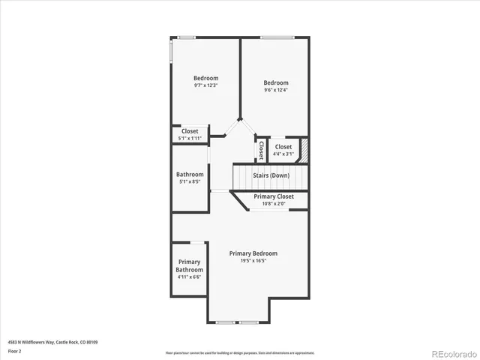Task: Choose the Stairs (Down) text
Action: pyautogui.click(x=271, y=176)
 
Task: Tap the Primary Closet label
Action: pyautogui.click(x=273, y=196)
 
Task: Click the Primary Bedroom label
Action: pyautogui.click(x=253, y=253)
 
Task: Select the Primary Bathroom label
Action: pyautogui.click(x=189, y=265)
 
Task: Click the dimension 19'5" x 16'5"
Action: pyautogui.click(x=253, y=261)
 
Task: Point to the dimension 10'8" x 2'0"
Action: pyautogui.click(x=273, y=204)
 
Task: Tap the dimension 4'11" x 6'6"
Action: pyautogui.click(x=189, y=277)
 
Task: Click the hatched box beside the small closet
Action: pyautogui.click(x=304, y=148)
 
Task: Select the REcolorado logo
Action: pyautogui.click(x=447, y=352)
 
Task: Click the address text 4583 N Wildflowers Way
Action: pyautogui.click(x=52, y=342)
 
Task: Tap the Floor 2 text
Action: pyautogui.click(x=15, y=351)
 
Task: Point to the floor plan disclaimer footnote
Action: pyautogui.click(x=240, y=352)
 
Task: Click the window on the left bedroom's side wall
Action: pyautogui.click(x=172, y=52)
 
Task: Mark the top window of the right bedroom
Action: pyautogui.click(x=277, y=37)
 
